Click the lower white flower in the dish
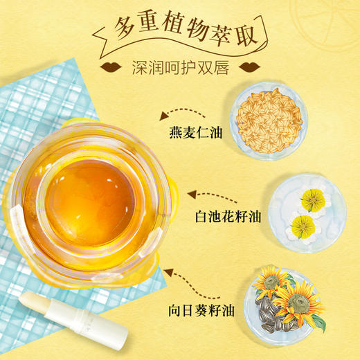[303, 224]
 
